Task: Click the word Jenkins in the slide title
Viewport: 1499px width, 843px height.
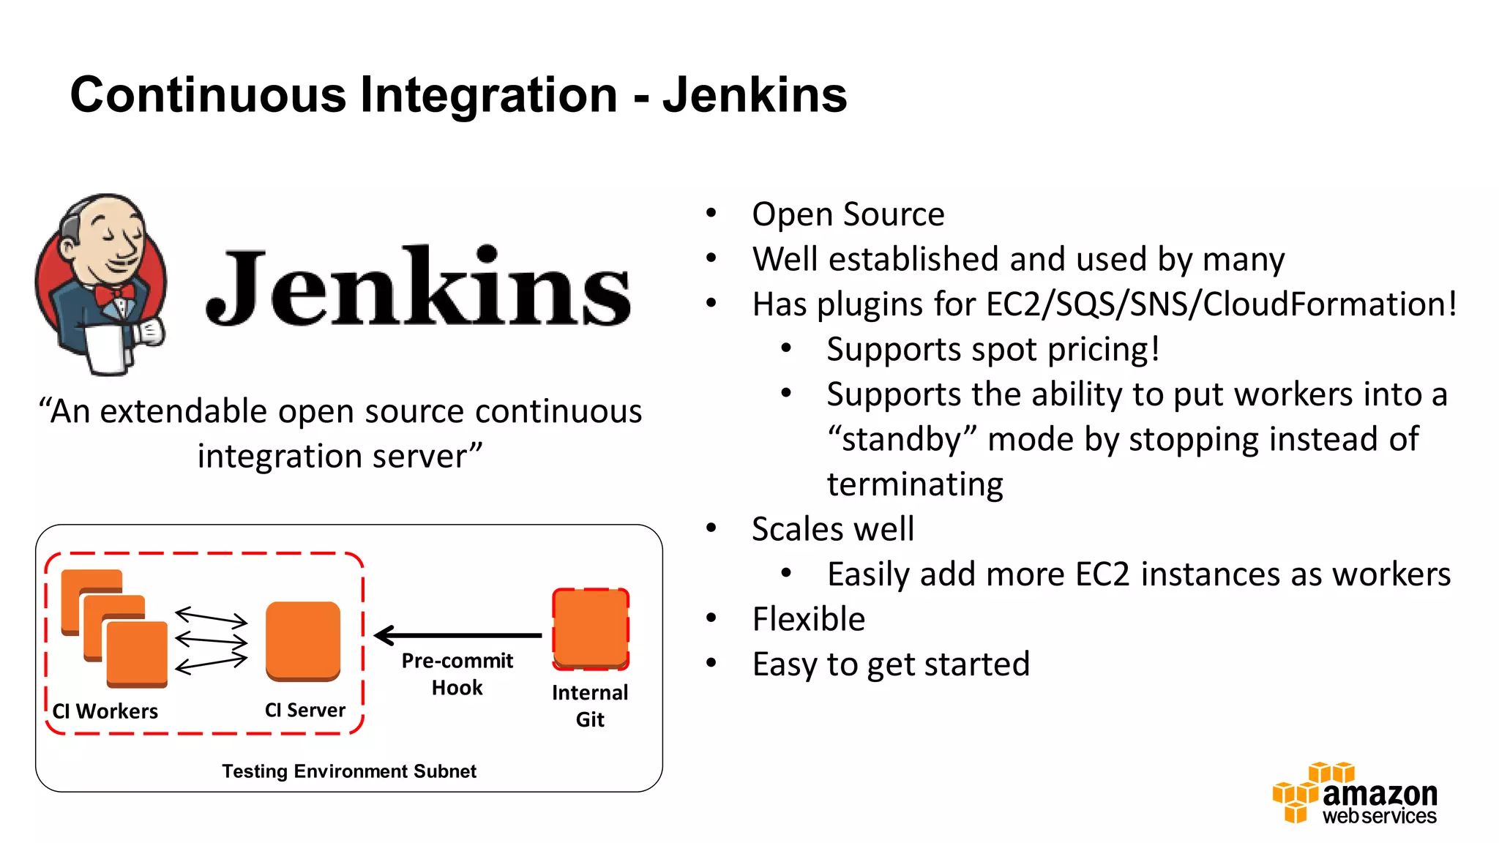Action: (x=755, y=95)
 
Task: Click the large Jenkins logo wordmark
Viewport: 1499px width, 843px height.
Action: (x=418, y=287)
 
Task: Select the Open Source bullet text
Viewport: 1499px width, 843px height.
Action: (x=848, y=214)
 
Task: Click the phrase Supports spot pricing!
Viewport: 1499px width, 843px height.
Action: (x=993, y=349)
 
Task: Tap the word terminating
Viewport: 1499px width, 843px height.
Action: (x=915, y=484)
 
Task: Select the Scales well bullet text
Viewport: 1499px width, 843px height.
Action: (x=832, y=529)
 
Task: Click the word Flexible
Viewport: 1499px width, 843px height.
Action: (x=808, y=619)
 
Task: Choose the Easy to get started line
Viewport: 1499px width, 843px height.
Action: (x=891, y=664)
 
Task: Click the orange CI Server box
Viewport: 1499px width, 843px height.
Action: (x=303, y=640)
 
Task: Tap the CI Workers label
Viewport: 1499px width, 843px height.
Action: (x=105, y=711)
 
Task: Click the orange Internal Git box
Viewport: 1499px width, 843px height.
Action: (x=591, y=629)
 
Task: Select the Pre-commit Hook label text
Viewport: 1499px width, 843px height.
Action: (x=457, y=674)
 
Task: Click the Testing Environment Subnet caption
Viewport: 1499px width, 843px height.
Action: (x=349, y=771)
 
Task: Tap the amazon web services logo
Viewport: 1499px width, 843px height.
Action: (x=1355, y=795)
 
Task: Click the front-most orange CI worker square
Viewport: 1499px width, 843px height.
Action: (x=137, y=653)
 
